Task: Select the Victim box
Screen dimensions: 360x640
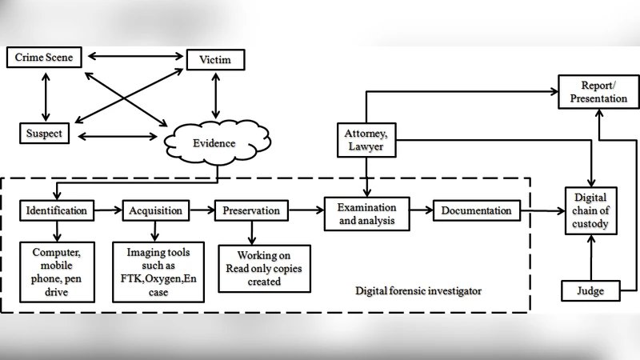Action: pos(214,61)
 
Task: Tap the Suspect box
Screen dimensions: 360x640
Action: pos(44,133)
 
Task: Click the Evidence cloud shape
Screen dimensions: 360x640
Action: pos(212,143)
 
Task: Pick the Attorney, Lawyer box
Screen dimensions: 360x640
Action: pos(365,142)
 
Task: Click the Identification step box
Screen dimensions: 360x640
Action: pos(57,210)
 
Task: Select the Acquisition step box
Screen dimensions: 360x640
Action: pos(156,210)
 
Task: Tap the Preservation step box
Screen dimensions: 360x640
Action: pos(251,210)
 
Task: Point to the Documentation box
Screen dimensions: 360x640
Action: pos(476,210)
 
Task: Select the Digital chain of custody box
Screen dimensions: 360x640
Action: pos(591,210)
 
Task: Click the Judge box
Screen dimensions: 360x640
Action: pos(591,291)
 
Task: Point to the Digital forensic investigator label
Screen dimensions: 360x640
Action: pos(418,290)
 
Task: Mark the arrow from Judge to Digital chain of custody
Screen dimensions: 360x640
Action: pos(591,258)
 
